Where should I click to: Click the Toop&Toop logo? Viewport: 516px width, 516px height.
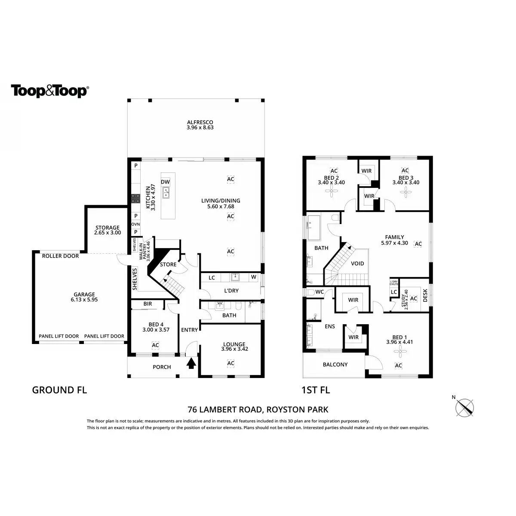[x=50, y=91]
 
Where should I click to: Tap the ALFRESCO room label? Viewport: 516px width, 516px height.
[x=200, y=122]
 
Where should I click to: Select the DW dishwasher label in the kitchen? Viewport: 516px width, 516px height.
[x=166, y=182]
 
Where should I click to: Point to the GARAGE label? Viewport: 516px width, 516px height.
[x=84, y=295]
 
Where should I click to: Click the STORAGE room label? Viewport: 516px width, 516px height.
[x=107, y=227]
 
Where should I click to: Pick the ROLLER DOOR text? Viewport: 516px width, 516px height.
[x=60, y=256]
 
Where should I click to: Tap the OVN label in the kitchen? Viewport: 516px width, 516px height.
[x=135, y=224]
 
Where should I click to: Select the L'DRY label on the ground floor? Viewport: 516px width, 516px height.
[x=231, y=291]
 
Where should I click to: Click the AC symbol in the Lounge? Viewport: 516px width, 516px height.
[x=230, y=363]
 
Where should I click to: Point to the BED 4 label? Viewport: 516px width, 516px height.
[x=155, y=324]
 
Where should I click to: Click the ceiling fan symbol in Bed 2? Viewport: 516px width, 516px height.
[x=334, y=193]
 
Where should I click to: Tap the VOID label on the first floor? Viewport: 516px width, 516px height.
[x=357, y=264]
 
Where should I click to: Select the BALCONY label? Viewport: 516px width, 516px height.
[x=335, y=365]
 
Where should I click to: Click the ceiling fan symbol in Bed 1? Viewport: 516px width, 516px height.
[x=399, y=352]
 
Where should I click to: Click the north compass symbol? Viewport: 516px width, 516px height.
[x=465, y=407]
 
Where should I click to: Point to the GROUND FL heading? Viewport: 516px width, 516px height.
[x=60, y=390]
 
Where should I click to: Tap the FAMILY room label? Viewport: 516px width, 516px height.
[x=394, y=237]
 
